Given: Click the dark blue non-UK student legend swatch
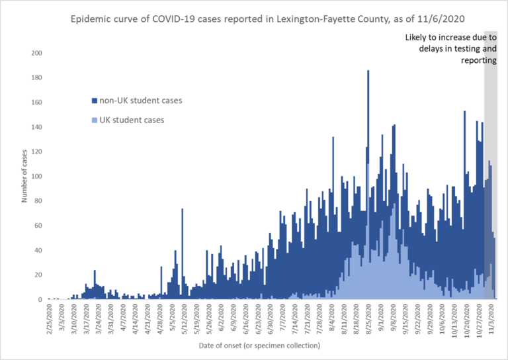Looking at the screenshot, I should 93,101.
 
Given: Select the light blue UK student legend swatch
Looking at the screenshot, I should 93,120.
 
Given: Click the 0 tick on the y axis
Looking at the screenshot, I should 40,300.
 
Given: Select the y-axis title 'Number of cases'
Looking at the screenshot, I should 24,177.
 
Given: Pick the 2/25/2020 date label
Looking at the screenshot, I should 50,318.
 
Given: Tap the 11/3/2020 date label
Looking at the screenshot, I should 492,318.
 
